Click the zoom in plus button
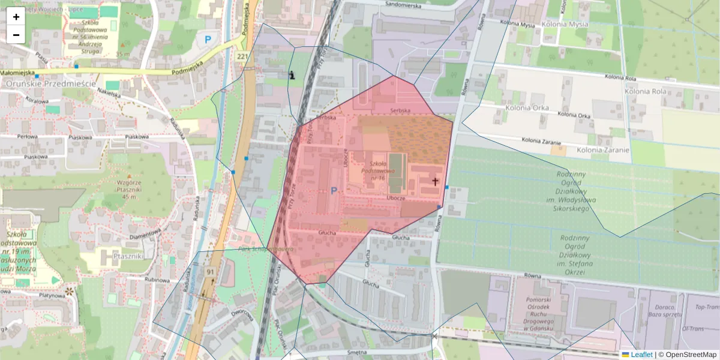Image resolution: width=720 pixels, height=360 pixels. [16, 17]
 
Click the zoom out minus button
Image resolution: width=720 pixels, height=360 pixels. [16, 35]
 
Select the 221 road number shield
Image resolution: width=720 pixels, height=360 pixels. [242, 56]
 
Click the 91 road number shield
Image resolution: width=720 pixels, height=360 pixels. [211, 272]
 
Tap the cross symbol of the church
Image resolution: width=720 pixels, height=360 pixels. [435, 181]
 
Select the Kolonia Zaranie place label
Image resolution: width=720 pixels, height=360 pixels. [603, 150]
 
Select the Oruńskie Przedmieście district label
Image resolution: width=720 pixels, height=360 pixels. [50, 84]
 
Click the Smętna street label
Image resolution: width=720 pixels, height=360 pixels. [356, 352]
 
